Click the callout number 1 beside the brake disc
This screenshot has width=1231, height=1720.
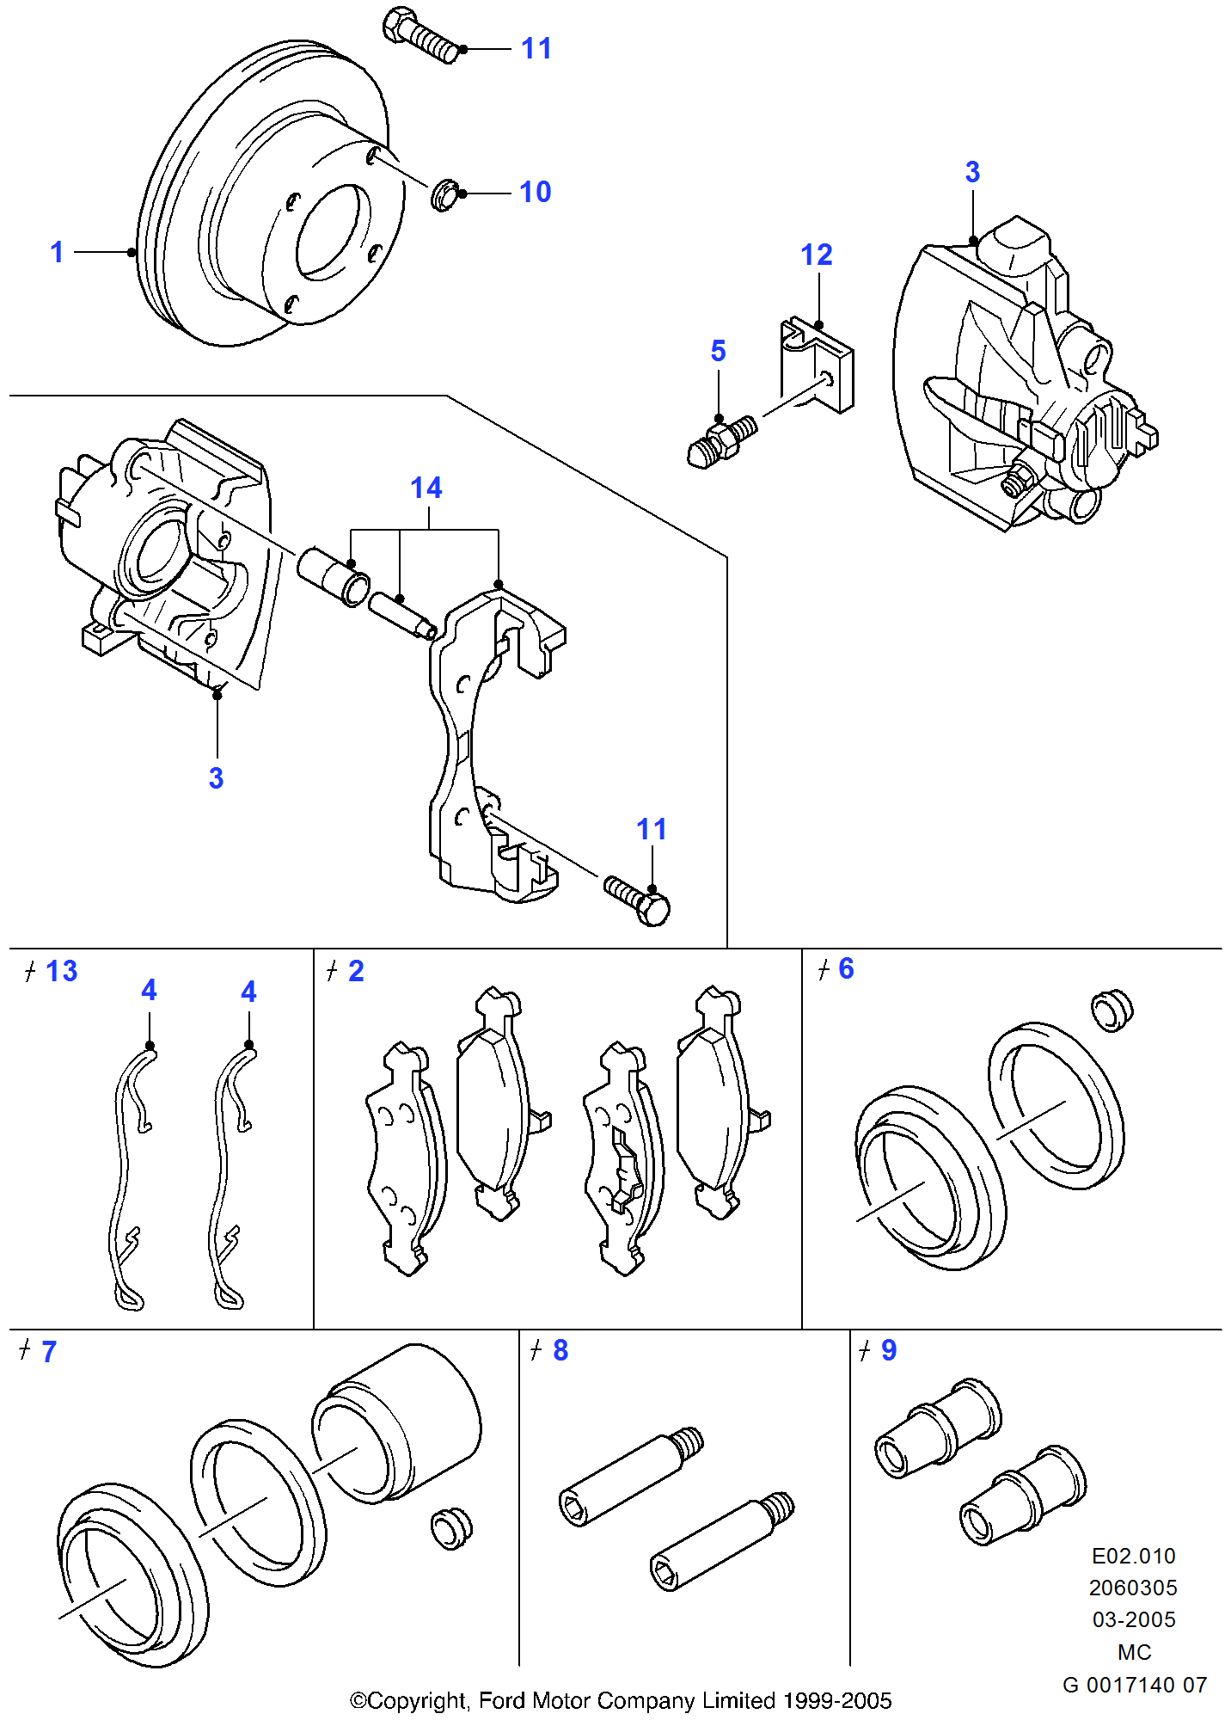(57, 252)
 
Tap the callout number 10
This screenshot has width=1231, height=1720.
(535, 192)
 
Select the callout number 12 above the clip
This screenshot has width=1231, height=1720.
(816, 255)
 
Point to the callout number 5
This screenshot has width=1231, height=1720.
(718, 351)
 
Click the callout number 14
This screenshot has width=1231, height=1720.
(426, 488)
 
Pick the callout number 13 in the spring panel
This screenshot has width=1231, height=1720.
(61, 971)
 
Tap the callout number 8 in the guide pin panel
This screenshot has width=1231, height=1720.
(560, 1350)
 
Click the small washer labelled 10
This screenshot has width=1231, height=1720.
(444, 195)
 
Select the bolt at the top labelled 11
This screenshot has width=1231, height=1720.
(420, 35)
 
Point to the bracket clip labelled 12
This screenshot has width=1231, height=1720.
(817, 365)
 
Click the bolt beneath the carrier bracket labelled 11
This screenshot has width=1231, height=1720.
(638, 899)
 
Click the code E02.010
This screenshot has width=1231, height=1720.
(1133, 1556)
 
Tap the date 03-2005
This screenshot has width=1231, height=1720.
(1133, 1619)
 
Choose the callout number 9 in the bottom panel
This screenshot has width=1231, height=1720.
(888, 1350)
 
